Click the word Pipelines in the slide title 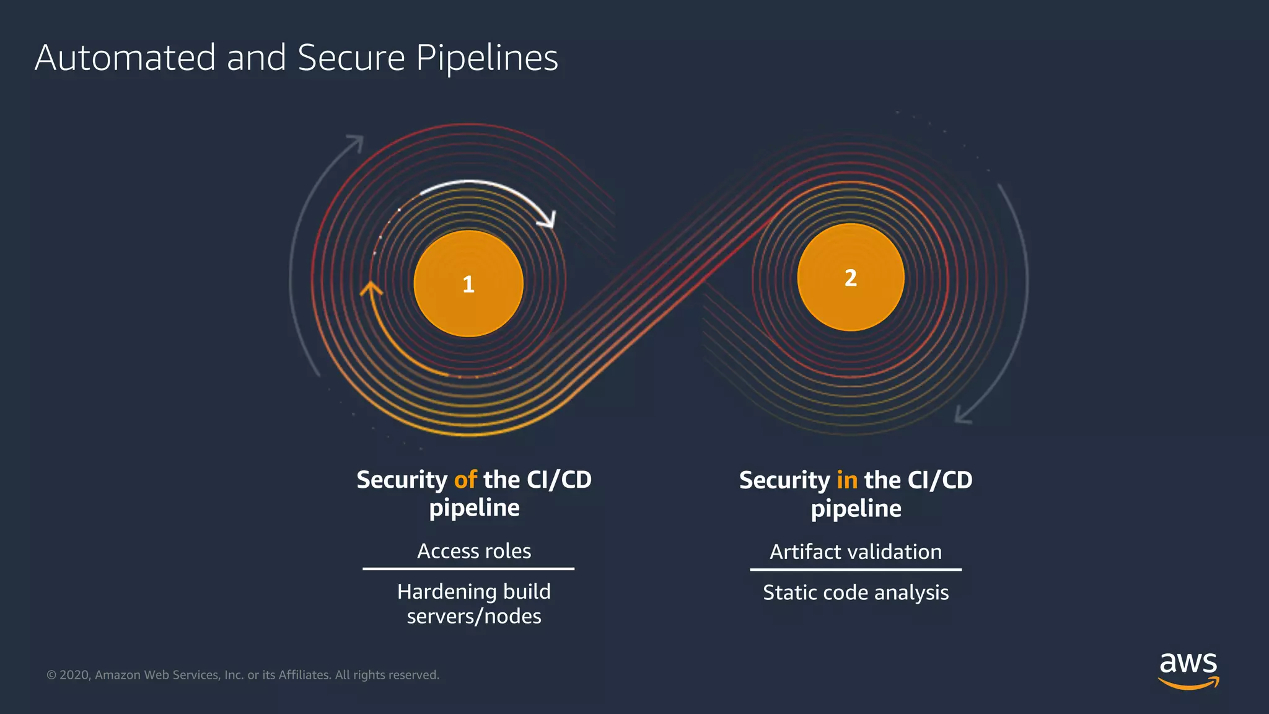[x=486, y=58]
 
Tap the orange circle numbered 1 [x=468, y=284]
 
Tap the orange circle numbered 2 [x=851, y=278]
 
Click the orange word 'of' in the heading [x=465, y=480]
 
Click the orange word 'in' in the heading [x=847, y=480]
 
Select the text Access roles [x=474, y=551]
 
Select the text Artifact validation [x=856, y=552]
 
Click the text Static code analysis [x=856, y=593]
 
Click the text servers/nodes [x=474, y=617]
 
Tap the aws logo [x=1188, y=670]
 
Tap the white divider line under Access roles [x=468, y=568]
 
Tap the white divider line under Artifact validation [x=856, y=569]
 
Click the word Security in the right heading [x=784, y=480]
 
